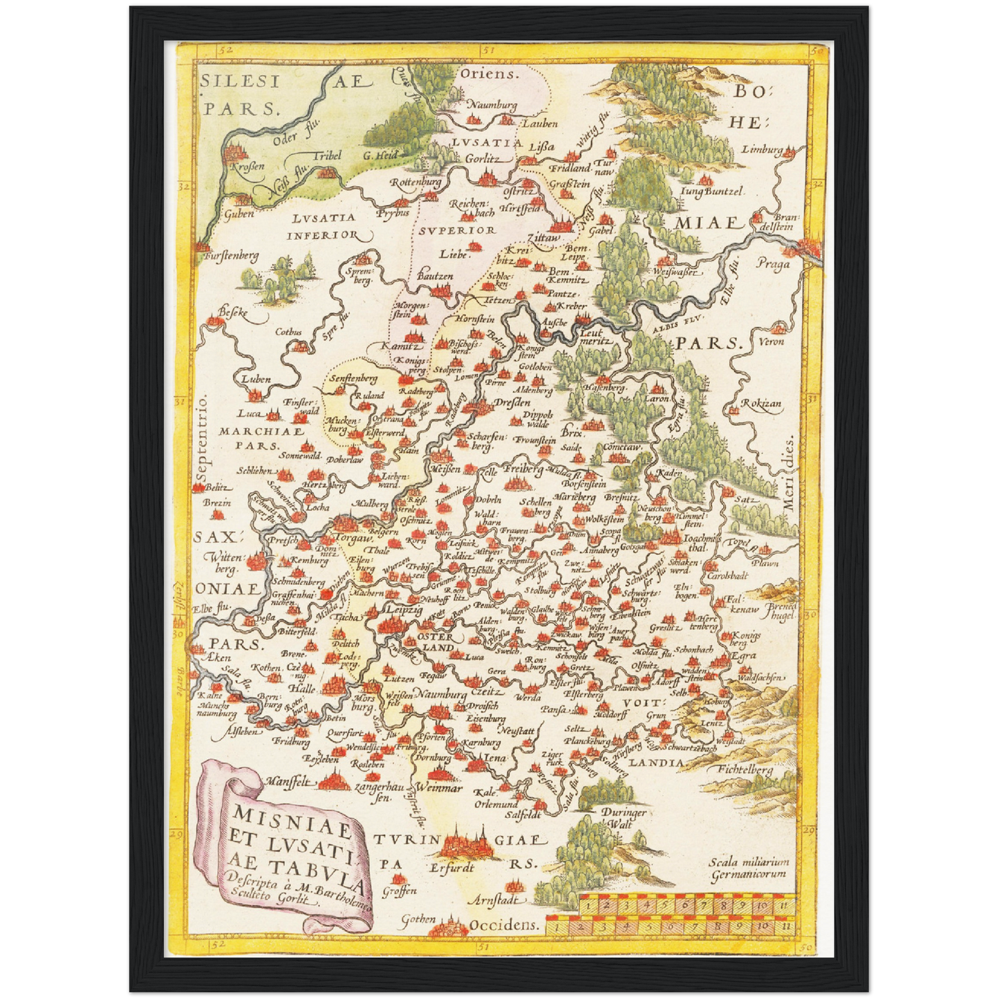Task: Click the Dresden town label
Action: pyautogui.click(x=512, y=402)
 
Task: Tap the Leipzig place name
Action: pyautogui.click(x=404, y=610)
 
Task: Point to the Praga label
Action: pyautogui.click(x=772, y=264)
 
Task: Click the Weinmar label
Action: pyautogui.click(x=439, y=788)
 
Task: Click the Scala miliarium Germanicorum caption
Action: pyautogui.click(x=749, y=868)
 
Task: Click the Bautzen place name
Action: pyautogui.click(x=435, y=276)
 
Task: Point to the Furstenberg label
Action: pyautogui.click(x=232, y=256)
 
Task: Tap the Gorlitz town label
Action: pyautogui.click(x=483, y=158)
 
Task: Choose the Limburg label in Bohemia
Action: pyautogui.click(x=763, y=149)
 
